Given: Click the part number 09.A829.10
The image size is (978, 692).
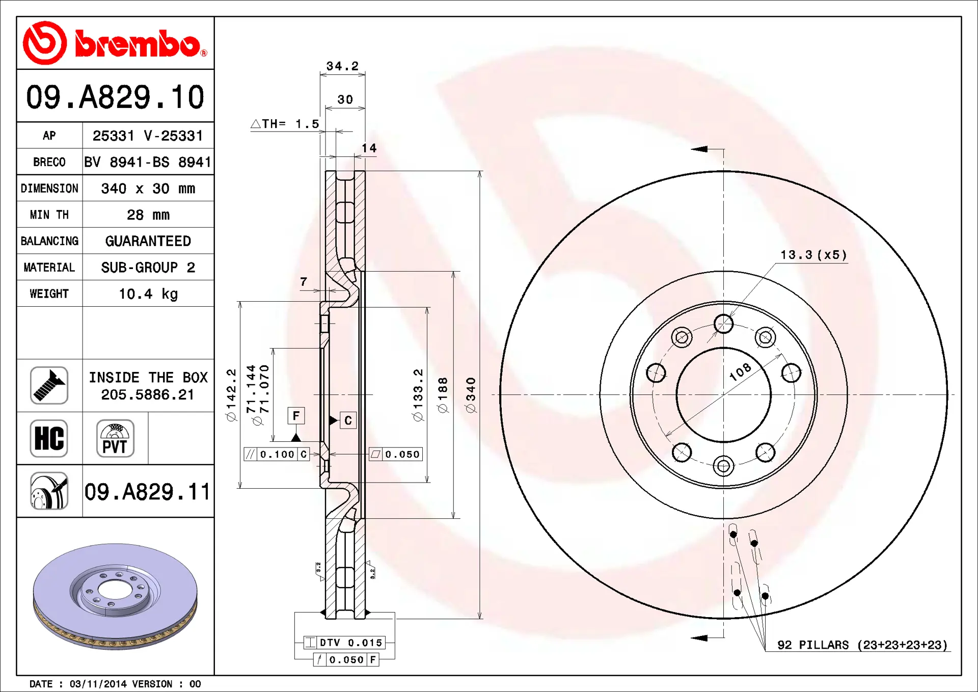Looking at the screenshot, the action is coord(115,97).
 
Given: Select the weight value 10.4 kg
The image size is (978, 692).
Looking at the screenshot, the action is coord(148,294).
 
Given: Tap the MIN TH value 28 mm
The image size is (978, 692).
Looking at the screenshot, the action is coord(148,215).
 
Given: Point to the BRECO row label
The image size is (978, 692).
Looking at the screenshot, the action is coord(49,162).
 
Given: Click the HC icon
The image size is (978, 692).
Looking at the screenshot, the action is coord(49,438).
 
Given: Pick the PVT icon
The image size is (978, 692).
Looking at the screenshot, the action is coord(115,438).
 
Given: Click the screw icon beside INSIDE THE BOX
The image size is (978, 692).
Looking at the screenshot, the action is coord(49,385).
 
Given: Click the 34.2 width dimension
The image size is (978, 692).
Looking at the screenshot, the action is coord(342,66).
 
